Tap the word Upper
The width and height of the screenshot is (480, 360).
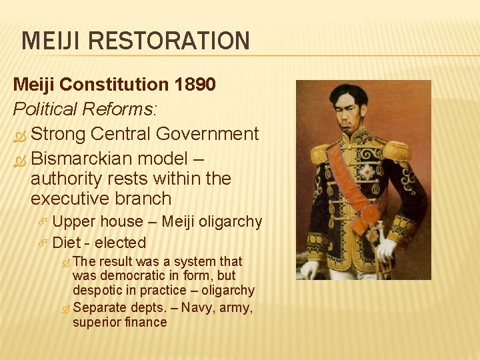pyautogui.click(x=75, y=221)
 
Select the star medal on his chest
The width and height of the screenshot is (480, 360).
pyautogui.click(x=365, y=172)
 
